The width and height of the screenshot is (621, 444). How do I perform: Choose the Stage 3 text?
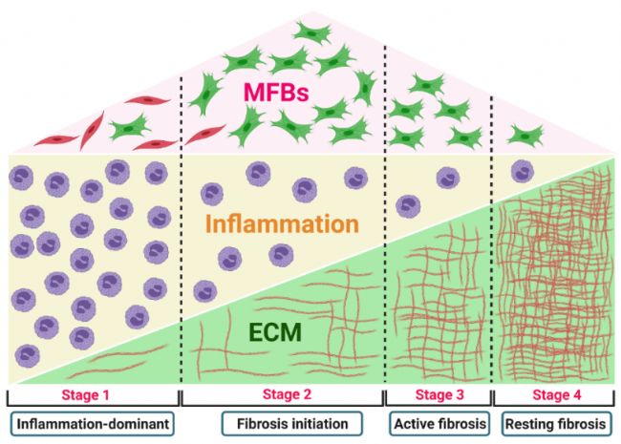435,394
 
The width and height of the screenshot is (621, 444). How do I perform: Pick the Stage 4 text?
554,394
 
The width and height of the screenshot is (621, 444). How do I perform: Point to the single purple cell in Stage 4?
522,172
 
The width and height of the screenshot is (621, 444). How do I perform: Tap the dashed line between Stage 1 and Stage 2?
182,267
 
